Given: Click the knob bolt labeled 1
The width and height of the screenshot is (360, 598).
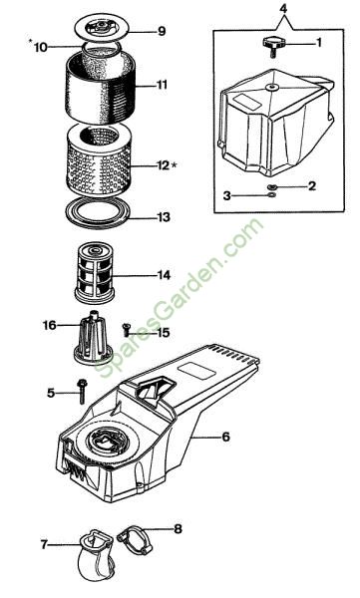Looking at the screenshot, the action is (x=272, y=46).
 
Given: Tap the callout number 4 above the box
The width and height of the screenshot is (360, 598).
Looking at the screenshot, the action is (x=283, y=9).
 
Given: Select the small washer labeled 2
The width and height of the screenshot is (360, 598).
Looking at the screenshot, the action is (x=272, y=187).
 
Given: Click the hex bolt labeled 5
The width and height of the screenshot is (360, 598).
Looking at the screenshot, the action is (x=82, y=391).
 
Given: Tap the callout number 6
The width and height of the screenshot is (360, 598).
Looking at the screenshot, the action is (x=226, y=437).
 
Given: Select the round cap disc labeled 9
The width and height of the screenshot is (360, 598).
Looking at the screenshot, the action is (x=101, y=28).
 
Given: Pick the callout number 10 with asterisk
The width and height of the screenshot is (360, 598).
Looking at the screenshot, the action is (x=38, y=46).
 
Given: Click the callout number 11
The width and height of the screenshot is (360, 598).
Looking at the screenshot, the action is (x=162, y=85).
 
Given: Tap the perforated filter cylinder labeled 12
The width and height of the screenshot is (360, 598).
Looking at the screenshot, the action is (x=99, y=159).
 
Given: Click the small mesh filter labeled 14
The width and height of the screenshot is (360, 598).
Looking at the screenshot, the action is (x=95, y=272).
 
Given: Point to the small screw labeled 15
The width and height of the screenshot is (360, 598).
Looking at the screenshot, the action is (x=126, y=330).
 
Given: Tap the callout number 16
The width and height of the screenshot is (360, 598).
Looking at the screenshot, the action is (x=49, y=325).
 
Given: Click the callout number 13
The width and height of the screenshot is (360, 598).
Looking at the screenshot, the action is (x=164, y=217).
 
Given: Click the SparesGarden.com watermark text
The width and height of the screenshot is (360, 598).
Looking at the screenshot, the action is (x=179, y=298).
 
